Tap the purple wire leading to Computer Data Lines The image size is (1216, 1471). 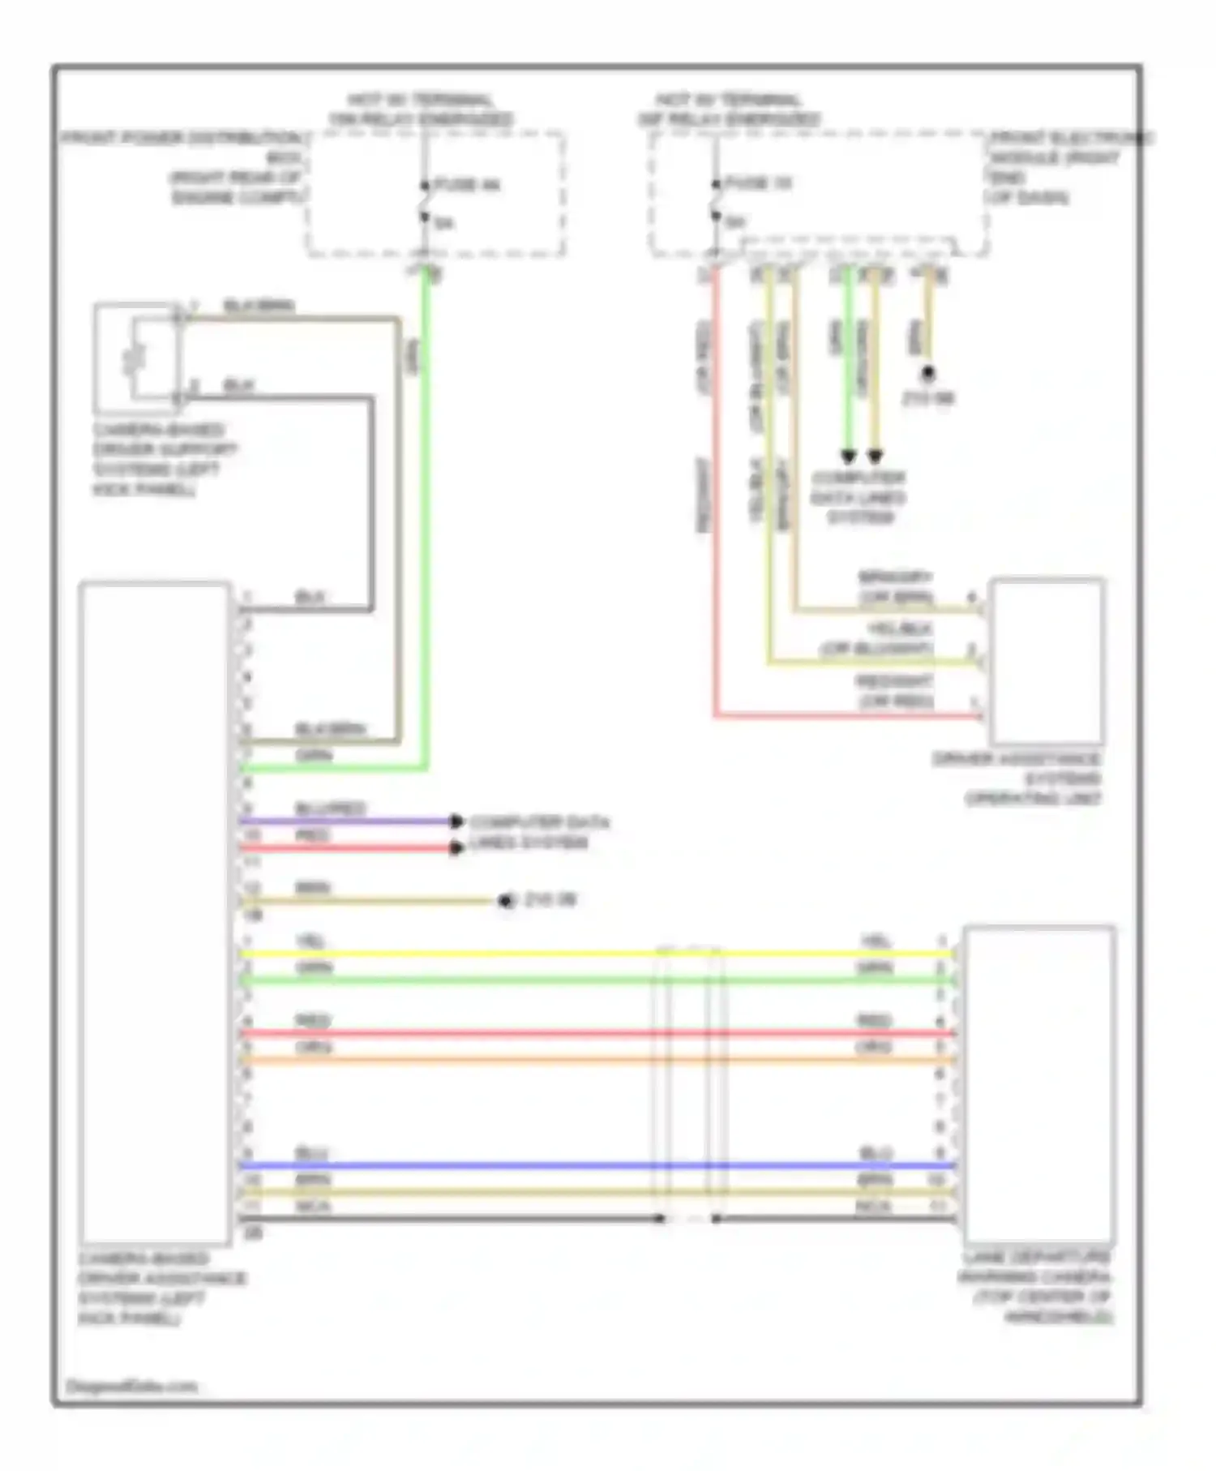pos(349,821)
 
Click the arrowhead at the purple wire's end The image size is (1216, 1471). pos(457,821)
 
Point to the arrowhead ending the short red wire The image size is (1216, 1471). pos(457,848)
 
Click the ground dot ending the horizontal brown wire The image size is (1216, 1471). pos(507,901)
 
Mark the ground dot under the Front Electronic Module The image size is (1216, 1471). pos(928,374)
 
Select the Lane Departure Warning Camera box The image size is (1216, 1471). pos(1038,1083)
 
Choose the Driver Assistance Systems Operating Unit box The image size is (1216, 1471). pos(1047,661)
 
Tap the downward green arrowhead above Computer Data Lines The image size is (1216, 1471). pos(848,456)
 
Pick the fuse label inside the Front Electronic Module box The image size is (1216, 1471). pos(757,183)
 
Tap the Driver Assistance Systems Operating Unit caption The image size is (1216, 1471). pos(1018,779)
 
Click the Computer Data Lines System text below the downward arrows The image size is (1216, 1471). pos(858,497)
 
